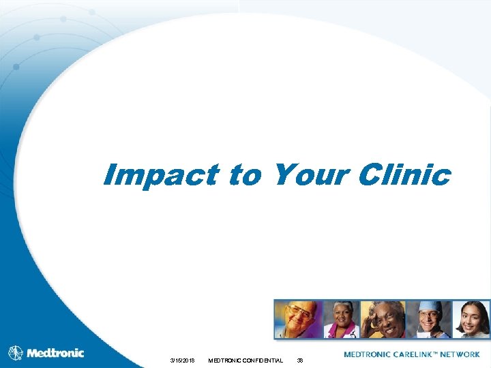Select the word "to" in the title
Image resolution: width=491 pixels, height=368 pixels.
[244, 176]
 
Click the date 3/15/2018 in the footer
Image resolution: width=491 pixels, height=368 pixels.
[183, 360]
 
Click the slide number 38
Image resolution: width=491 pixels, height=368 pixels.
[299, 360]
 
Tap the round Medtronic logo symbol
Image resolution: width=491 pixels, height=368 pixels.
[16, 353]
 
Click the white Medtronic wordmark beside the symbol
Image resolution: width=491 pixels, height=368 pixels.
[55, 353]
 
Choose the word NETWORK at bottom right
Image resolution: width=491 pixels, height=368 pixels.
[460, 354]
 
